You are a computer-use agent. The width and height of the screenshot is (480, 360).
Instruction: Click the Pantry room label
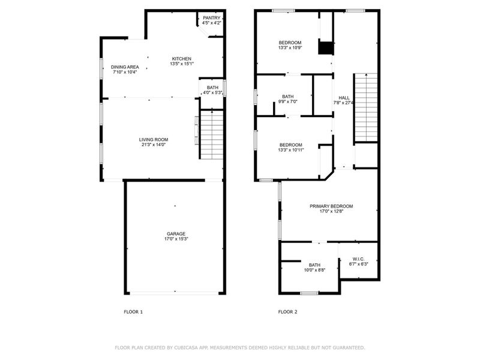212,18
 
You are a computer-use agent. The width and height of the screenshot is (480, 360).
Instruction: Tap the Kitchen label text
182,59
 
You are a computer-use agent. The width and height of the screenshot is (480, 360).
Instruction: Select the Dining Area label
125,67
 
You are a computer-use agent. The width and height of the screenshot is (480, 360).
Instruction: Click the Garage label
176,234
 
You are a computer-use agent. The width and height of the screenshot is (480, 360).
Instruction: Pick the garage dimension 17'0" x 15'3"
176,239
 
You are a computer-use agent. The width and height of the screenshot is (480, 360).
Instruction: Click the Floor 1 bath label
212,88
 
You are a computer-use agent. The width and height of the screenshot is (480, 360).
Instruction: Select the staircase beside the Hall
365,107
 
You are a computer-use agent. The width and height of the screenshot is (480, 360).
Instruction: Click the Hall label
344,98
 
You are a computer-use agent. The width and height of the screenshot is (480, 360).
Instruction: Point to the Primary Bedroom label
331,206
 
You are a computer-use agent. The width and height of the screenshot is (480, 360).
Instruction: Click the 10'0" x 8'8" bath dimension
314,271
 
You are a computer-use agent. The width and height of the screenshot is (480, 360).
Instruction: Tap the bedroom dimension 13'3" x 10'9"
290,48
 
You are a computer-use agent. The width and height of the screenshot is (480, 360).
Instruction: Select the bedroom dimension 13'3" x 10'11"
290,150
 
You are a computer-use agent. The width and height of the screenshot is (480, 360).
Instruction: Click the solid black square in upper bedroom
326,48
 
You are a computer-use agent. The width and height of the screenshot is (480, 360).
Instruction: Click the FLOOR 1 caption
133,312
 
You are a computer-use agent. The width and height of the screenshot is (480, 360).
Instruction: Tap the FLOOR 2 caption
288,312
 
